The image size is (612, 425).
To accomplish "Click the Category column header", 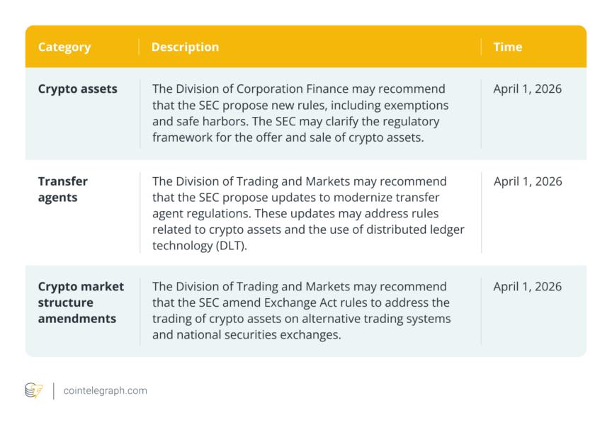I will pos(64,47).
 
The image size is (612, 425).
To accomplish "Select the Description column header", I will pos(185,47).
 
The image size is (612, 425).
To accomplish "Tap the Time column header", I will pos(508,47).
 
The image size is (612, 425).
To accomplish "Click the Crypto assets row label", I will pos(78,89).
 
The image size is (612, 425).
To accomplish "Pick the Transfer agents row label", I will pos(63,189).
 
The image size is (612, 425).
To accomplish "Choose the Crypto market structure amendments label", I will pos(81,302).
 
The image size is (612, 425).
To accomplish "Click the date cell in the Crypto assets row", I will pos(528,89).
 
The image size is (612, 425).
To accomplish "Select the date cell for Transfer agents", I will pos(528,181).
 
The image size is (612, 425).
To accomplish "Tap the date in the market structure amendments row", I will pos(528,286).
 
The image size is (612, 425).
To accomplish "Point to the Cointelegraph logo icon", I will pos(34,390).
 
